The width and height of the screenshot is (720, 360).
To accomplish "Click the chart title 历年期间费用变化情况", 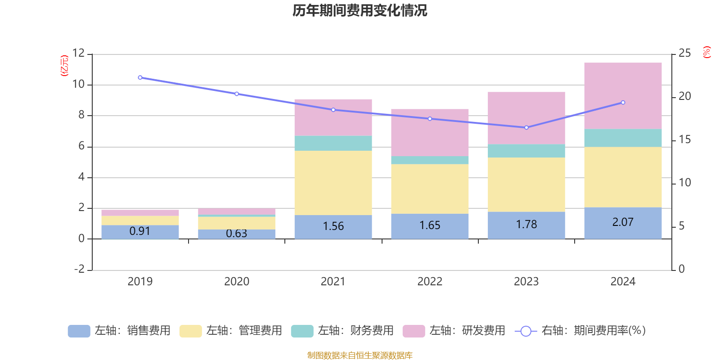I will [360, 10].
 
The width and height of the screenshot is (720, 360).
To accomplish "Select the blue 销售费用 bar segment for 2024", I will [623, 223].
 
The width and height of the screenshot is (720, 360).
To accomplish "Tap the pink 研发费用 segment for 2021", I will [333, 117].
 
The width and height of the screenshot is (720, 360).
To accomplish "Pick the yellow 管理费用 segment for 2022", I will [430, 189].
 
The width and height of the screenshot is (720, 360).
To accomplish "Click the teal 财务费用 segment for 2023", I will [526, 151].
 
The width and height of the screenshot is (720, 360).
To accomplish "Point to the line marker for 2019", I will [140, 78].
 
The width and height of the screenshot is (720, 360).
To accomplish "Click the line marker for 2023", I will [526, 127].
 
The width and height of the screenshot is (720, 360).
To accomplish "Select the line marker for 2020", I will [237, 94].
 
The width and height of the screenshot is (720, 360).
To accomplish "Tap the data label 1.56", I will [333, 226].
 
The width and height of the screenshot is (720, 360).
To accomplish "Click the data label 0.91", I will [140, 231].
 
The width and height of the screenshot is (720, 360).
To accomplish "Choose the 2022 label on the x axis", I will [430, 282].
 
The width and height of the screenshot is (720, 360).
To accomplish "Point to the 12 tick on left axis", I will [79, 53].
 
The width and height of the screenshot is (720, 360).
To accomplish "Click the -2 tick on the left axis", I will [79, 269].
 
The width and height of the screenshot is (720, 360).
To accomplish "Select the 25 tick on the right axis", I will [684, 53].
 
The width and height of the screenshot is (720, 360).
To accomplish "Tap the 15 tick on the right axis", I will [684, 139].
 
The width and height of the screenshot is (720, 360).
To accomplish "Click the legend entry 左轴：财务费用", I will [342, 331].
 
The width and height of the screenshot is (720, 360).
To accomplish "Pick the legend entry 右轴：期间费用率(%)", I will [580, 331].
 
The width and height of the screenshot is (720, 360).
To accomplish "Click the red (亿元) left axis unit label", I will [64, 66].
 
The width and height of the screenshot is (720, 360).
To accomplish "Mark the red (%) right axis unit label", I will [707, 52].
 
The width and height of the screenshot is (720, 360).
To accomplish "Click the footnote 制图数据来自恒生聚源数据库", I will [360, 355].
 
